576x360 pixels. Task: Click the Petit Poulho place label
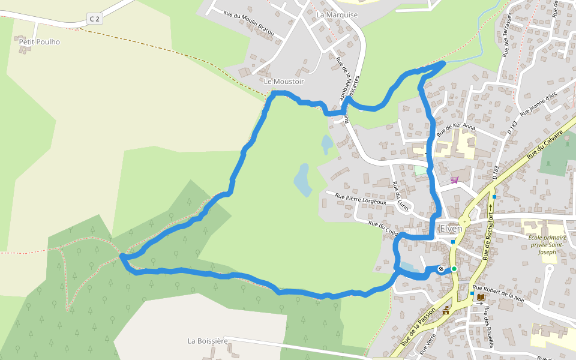pyautogui.click(x=40, y=42)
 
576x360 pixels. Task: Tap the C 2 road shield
pyautogui.click(x=94, y=19)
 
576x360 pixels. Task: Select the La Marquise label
pyautogui.click(x=337, y=14)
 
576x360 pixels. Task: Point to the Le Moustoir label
pyautogui.click(x=284, y=81)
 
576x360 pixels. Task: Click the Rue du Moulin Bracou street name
pyautogui.click(x=248, y=24)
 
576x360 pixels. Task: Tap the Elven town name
pyautogui.click(x=451, y=229)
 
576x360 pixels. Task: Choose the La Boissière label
pyautogui.click(x=208, y=341)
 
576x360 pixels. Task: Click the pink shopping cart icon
pyautogui.click(x=454, y=179)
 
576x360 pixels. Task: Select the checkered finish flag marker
pyautogui.click(x=442, y=269)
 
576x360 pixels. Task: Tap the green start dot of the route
pyautogui.click(x=454, y=269)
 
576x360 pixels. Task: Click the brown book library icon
pyautogui.click(x=481, y=296)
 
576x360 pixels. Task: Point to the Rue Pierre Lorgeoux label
pyautogui.click(x=361, y=199)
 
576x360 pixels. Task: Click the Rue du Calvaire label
pyautogui.click(x=547, y=144)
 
